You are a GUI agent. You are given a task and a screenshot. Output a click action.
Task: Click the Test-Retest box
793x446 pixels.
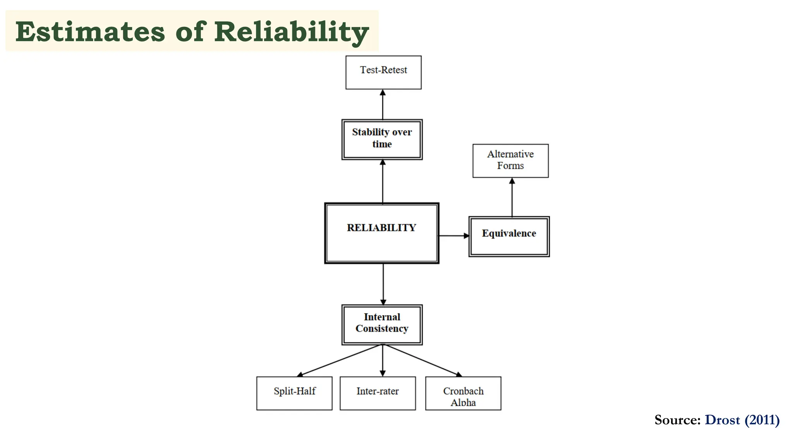(383, 72)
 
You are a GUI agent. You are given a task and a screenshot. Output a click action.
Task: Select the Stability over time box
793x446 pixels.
(382, 139)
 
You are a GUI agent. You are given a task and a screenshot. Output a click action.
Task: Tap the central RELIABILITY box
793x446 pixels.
(381, 233)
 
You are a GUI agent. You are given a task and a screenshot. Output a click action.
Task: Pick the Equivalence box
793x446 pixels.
(509, 237)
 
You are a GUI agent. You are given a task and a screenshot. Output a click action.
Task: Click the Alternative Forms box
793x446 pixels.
(510, 161)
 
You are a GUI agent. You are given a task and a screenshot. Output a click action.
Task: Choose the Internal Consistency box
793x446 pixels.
(382, 324)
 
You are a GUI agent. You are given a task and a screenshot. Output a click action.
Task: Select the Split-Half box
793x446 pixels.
(294, 393)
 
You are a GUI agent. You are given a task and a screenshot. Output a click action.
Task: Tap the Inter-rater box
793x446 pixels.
(378, 393)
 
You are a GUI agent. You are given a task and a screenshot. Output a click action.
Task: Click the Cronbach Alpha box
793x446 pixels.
(463, 393)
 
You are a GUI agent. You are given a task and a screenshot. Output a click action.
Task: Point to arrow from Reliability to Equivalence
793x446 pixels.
(453, 235)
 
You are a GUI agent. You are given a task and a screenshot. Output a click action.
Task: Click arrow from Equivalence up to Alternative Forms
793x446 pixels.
(512, 197)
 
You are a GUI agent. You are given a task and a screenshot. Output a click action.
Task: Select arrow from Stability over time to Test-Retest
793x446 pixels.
(383, 105)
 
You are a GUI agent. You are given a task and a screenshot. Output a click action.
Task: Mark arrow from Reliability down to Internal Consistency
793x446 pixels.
(383, 284)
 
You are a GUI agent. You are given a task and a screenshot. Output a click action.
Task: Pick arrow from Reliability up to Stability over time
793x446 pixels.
(383, 181)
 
